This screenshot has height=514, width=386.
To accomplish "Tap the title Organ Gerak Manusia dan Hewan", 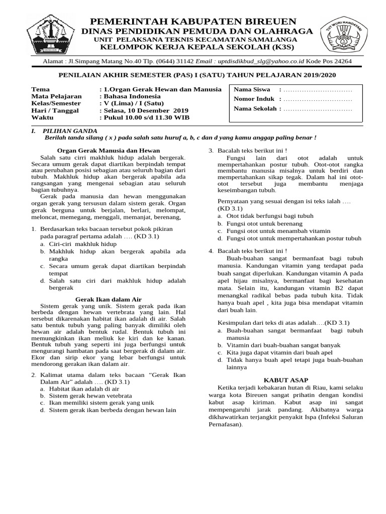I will pyautogui.click(x=108, y=150).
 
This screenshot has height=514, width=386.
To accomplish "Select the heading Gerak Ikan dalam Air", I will pyautogui.click(x=105, y=299).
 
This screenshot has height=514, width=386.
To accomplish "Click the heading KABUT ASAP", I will pyautogui.click(x=286, y=380).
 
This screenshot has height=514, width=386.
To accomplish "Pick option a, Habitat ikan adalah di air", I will pyautogui.click(x=83, y=389).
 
